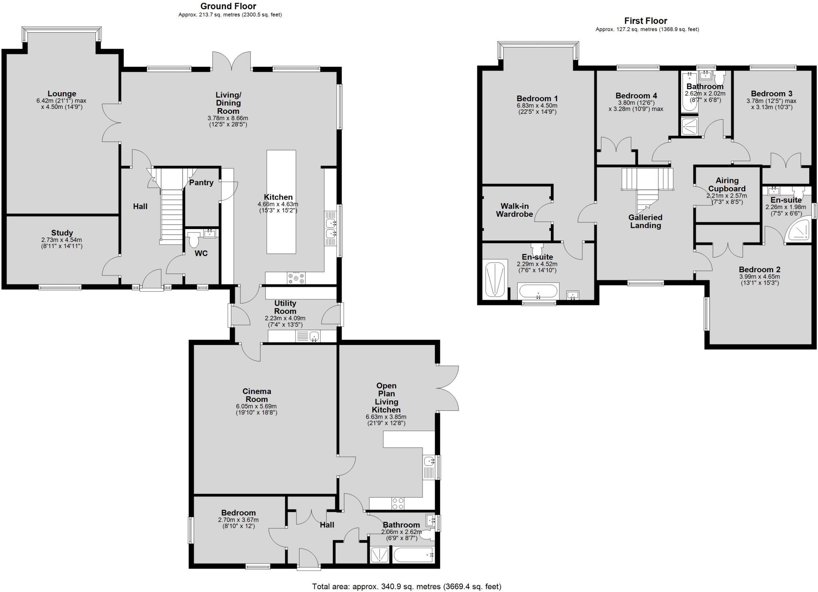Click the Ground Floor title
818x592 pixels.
[x=228, y=6]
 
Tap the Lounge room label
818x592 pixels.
[x=62, y=94]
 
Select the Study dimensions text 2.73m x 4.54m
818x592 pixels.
[x=62, y=240]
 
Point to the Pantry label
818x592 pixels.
[x=201, y=182]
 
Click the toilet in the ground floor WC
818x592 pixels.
[x=194, y=240]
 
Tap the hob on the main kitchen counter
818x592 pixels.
[x=296, y=278]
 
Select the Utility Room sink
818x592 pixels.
[x=314, y=337]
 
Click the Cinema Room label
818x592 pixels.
[x=256, y=395]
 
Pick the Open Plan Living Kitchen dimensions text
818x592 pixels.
[x=386, y=420]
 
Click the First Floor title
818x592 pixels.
[x=646, y=21]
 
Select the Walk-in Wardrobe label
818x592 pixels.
[x=514, y=210]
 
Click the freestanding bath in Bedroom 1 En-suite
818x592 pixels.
[x=538, y=291]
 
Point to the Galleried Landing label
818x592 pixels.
[x=645, y=222]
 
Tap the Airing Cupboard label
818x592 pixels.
[x=727, y=184]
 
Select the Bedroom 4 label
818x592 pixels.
[x=636, y=96]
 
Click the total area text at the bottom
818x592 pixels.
[x=406, y=586]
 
